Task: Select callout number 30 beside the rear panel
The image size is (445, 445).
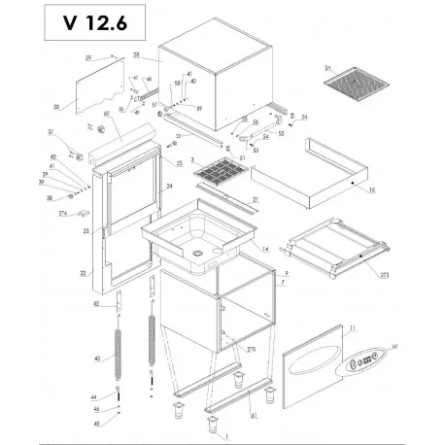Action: [56, 106]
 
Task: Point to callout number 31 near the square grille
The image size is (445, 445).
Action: [327, 68]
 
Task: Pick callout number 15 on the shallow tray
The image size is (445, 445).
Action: [371, 189]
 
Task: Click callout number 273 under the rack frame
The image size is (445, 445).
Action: [385, 276]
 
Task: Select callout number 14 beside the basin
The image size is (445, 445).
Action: [265, 249]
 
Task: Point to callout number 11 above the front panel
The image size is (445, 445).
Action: [353, 329]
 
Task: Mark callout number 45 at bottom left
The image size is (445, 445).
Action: [96, 423]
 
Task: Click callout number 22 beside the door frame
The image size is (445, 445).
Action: [83, 273]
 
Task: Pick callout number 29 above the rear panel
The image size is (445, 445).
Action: [88, 58]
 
